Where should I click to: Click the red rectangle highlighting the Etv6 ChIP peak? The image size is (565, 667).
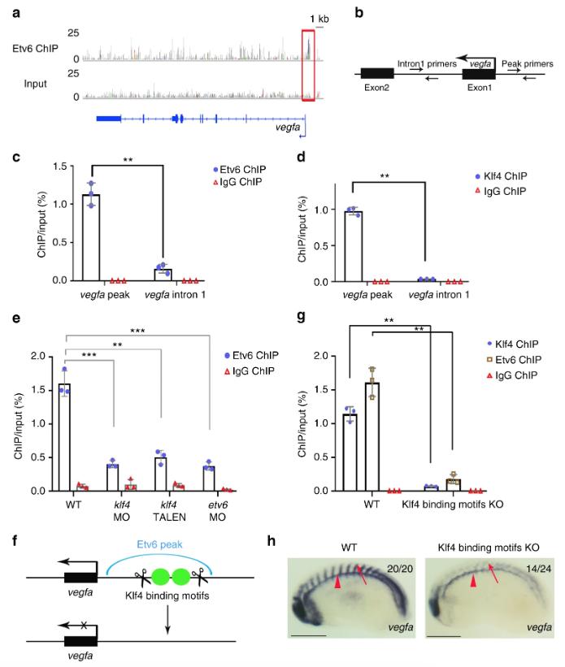coord(307,65)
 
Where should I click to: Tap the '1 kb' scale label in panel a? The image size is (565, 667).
coord(318,19)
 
